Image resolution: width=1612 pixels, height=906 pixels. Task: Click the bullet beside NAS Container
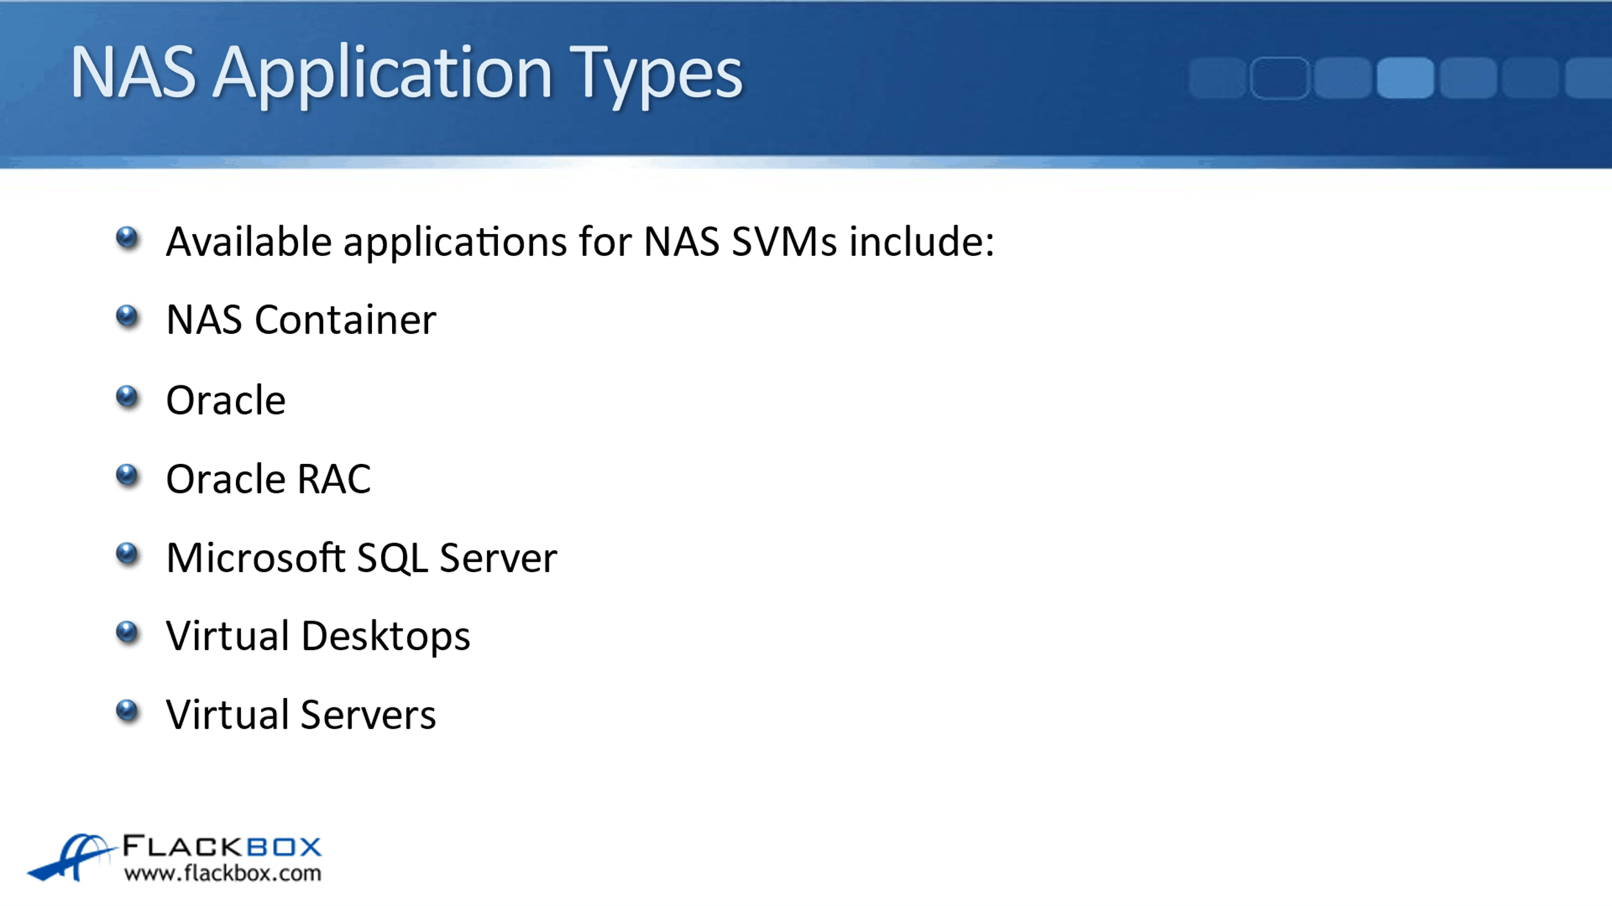click(x=128, y=317)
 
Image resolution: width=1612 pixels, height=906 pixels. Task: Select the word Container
click(x=346, y=320)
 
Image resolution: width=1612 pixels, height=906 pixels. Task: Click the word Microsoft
click(x=256, y=557)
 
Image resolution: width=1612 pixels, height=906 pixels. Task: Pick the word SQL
click(x=392, y=558)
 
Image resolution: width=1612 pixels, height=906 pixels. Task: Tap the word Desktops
click(x=386, y=637)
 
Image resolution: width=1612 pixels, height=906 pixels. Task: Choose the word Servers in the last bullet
click(x=368, y=715)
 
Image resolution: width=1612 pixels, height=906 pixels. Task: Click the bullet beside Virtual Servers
click(x=128, y=711)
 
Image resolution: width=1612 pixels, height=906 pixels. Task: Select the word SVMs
click(x=784, y=242)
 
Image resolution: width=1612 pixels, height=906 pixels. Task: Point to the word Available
click(x=249, y=241)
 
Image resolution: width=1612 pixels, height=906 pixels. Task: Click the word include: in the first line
click(x=921, y=242)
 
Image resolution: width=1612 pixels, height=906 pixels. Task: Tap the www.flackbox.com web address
click(x=222, y=874)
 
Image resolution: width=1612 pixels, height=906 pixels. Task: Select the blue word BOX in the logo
click(x=284, y=847)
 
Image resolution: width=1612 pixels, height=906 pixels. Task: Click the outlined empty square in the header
click(x=1280, y=77)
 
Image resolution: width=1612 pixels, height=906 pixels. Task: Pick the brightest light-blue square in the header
click(x=1405, y=77)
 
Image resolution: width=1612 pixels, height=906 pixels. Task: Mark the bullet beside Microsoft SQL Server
click(x=128, y=554)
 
